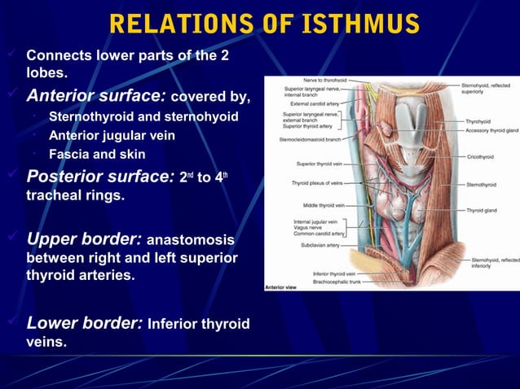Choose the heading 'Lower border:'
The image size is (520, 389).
coord(86,323)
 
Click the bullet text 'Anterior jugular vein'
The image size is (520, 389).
coord(112,135)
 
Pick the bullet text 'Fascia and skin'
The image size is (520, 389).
coord(97,154)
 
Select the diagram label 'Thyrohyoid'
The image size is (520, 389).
coord(478,121)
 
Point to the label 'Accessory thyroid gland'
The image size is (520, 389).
coord(491,130)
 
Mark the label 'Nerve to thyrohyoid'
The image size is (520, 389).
coord(324,80)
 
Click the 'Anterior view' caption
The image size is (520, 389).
coord(281,286)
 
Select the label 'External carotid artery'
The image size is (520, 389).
coord(310,104)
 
